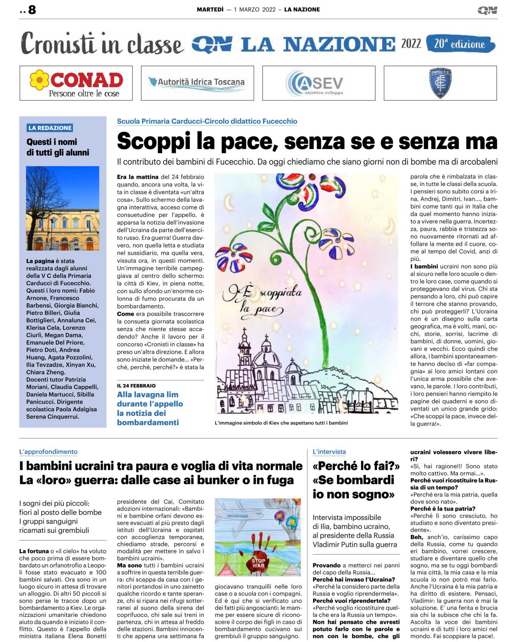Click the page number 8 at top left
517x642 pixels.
coord(32,10)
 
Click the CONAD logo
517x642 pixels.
coord(76,83)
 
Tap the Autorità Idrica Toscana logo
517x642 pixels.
coord(197,83)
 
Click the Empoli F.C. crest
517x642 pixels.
coord(440,83)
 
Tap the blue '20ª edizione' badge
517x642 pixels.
coord(460,44)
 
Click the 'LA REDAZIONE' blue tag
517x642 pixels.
coord(50,128)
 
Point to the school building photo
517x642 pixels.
coord(62,208)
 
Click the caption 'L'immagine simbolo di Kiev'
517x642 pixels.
coord(281,423)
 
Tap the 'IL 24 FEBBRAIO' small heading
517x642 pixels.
coord(136,386)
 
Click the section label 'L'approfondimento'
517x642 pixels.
coord(48,451)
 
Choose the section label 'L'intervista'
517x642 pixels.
coord(329,451)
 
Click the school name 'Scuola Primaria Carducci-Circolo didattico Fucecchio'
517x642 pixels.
coord(207,121)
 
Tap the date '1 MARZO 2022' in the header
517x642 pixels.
coord(254,10)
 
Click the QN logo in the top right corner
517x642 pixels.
coord(487,10)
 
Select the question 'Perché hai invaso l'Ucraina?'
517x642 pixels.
coord(354,579)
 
